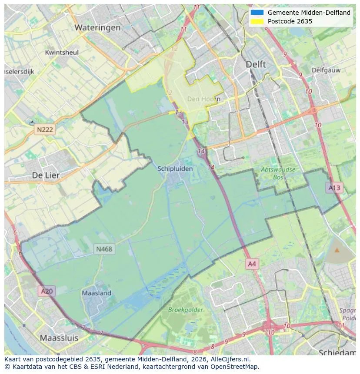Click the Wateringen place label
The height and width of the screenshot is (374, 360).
click(97, 28)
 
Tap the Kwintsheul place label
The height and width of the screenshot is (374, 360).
click(62, 53)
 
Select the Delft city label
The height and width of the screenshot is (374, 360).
click(256, 64)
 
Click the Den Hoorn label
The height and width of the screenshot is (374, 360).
click(203, 99)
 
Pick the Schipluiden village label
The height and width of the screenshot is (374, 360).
click(175, 169)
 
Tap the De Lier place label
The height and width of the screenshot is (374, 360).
click(46, 175)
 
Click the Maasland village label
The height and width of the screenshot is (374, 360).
click(97, 293)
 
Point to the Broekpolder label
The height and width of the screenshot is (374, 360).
click(186, 310)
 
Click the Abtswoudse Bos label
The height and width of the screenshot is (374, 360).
click(278, 173)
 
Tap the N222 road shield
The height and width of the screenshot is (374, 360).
click(45, 129)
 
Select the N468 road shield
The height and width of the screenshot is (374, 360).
click(104, 249)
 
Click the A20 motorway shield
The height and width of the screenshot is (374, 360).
click(47, 291)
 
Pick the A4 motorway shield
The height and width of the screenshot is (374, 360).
click(252, 264)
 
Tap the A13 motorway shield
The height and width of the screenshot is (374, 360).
click(334, 188)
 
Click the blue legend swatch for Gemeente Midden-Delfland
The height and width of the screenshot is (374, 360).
click(257, 13)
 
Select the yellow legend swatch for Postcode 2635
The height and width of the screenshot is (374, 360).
click(257, 21)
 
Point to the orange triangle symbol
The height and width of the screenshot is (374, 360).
click(337, 250)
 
